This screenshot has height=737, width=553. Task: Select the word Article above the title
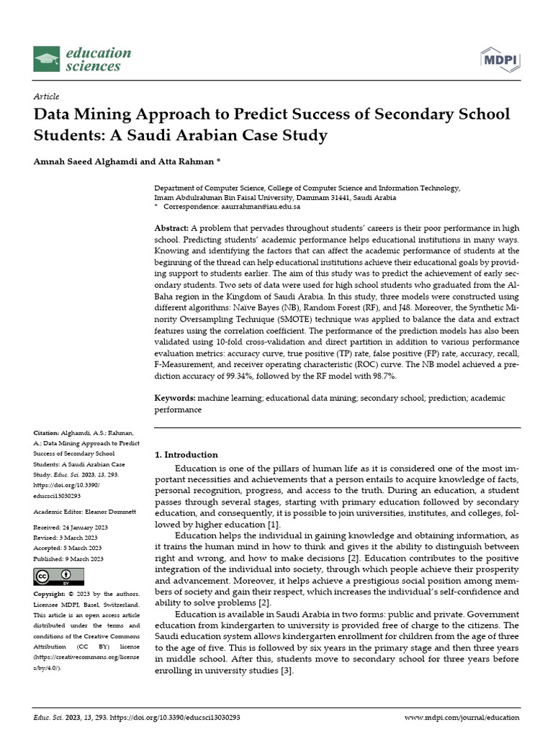(46, 96)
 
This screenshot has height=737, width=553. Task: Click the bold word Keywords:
(175, 398)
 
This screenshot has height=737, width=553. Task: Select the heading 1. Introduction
(186, 455)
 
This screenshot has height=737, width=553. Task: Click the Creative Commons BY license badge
(59, 577)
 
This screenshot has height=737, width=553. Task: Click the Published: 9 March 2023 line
(68, 559)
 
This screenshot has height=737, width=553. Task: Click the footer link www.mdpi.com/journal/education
(462, 718)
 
